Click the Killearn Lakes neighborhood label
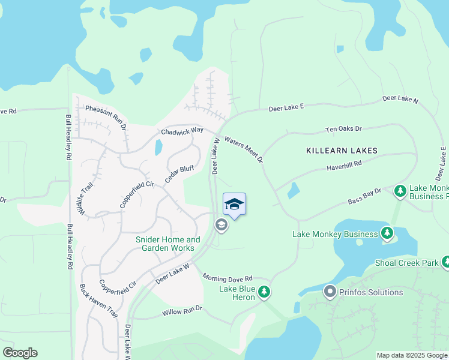click(x=342, y=150)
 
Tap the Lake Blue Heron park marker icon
click(x=264, y=292)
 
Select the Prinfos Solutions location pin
click(x=330, y=292)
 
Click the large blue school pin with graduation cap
click(x=234, y=205)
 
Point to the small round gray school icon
click(x=221, y=225)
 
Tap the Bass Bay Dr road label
click(x=365, y=196)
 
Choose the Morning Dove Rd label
click(x=228, y=278)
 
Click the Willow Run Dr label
click(x=182, y=311)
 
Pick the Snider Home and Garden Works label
click(x=168, y=244)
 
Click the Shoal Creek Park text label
click(x=407, y=263)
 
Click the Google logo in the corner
click(x=20, y=353)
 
